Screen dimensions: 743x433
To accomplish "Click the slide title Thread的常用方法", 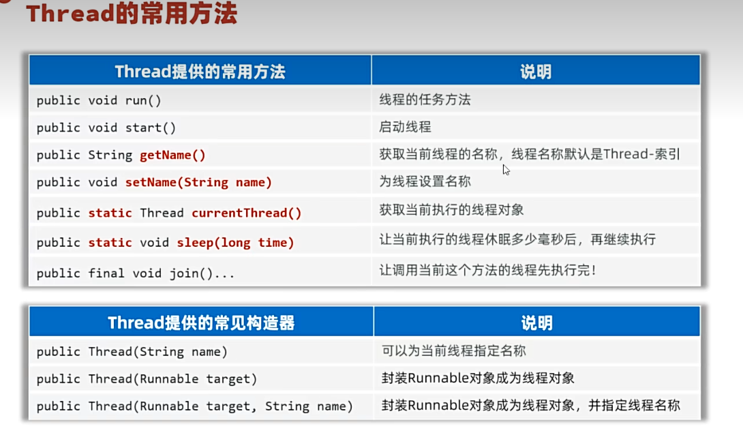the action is click(132, 13).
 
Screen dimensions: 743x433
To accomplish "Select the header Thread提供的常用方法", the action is click(200, 72).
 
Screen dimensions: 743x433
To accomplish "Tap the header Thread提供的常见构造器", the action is click(201, 323).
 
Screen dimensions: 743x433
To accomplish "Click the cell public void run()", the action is click(99, 100).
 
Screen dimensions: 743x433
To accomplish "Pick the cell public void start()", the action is click(106, 128).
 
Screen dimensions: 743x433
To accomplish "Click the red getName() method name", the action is click(172, 155).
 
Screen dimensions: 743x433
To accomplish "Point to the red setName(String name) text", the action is click(198, 183).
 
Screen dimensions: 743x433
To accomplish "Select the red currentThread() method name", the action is click(246, 213).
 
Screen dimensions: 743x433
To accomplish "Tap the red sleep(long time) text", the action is click(235, 243).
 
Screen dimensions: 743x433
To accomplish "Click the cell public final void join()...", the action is click(136, 273).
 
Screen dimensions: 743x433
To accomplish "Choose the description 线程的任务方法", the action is click(425, 100).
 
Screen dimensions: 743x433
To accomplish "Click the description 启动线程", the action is click(405, 127).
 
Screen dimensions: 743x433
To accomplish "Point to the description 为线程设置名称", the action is click(425, 181).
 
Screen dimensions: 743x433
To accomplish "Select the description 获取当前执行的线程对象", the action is click(451, 210).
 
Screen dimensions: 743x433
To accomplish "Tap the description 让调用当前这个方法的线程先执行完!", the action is click(487, 270).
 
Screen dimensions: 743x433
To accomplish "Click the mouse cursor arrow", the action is click(506, 170).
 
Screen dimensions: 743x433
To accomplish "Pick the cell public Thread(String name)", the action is click(132, 352).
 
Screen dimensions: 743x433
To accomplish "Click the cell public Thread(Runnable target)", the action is click(147, 379).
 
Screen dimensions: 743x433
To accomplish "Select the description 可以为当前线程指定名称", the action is click(453, 351).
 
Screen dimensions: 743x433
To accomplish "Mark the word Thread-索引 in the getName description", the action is click(641, 154).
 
